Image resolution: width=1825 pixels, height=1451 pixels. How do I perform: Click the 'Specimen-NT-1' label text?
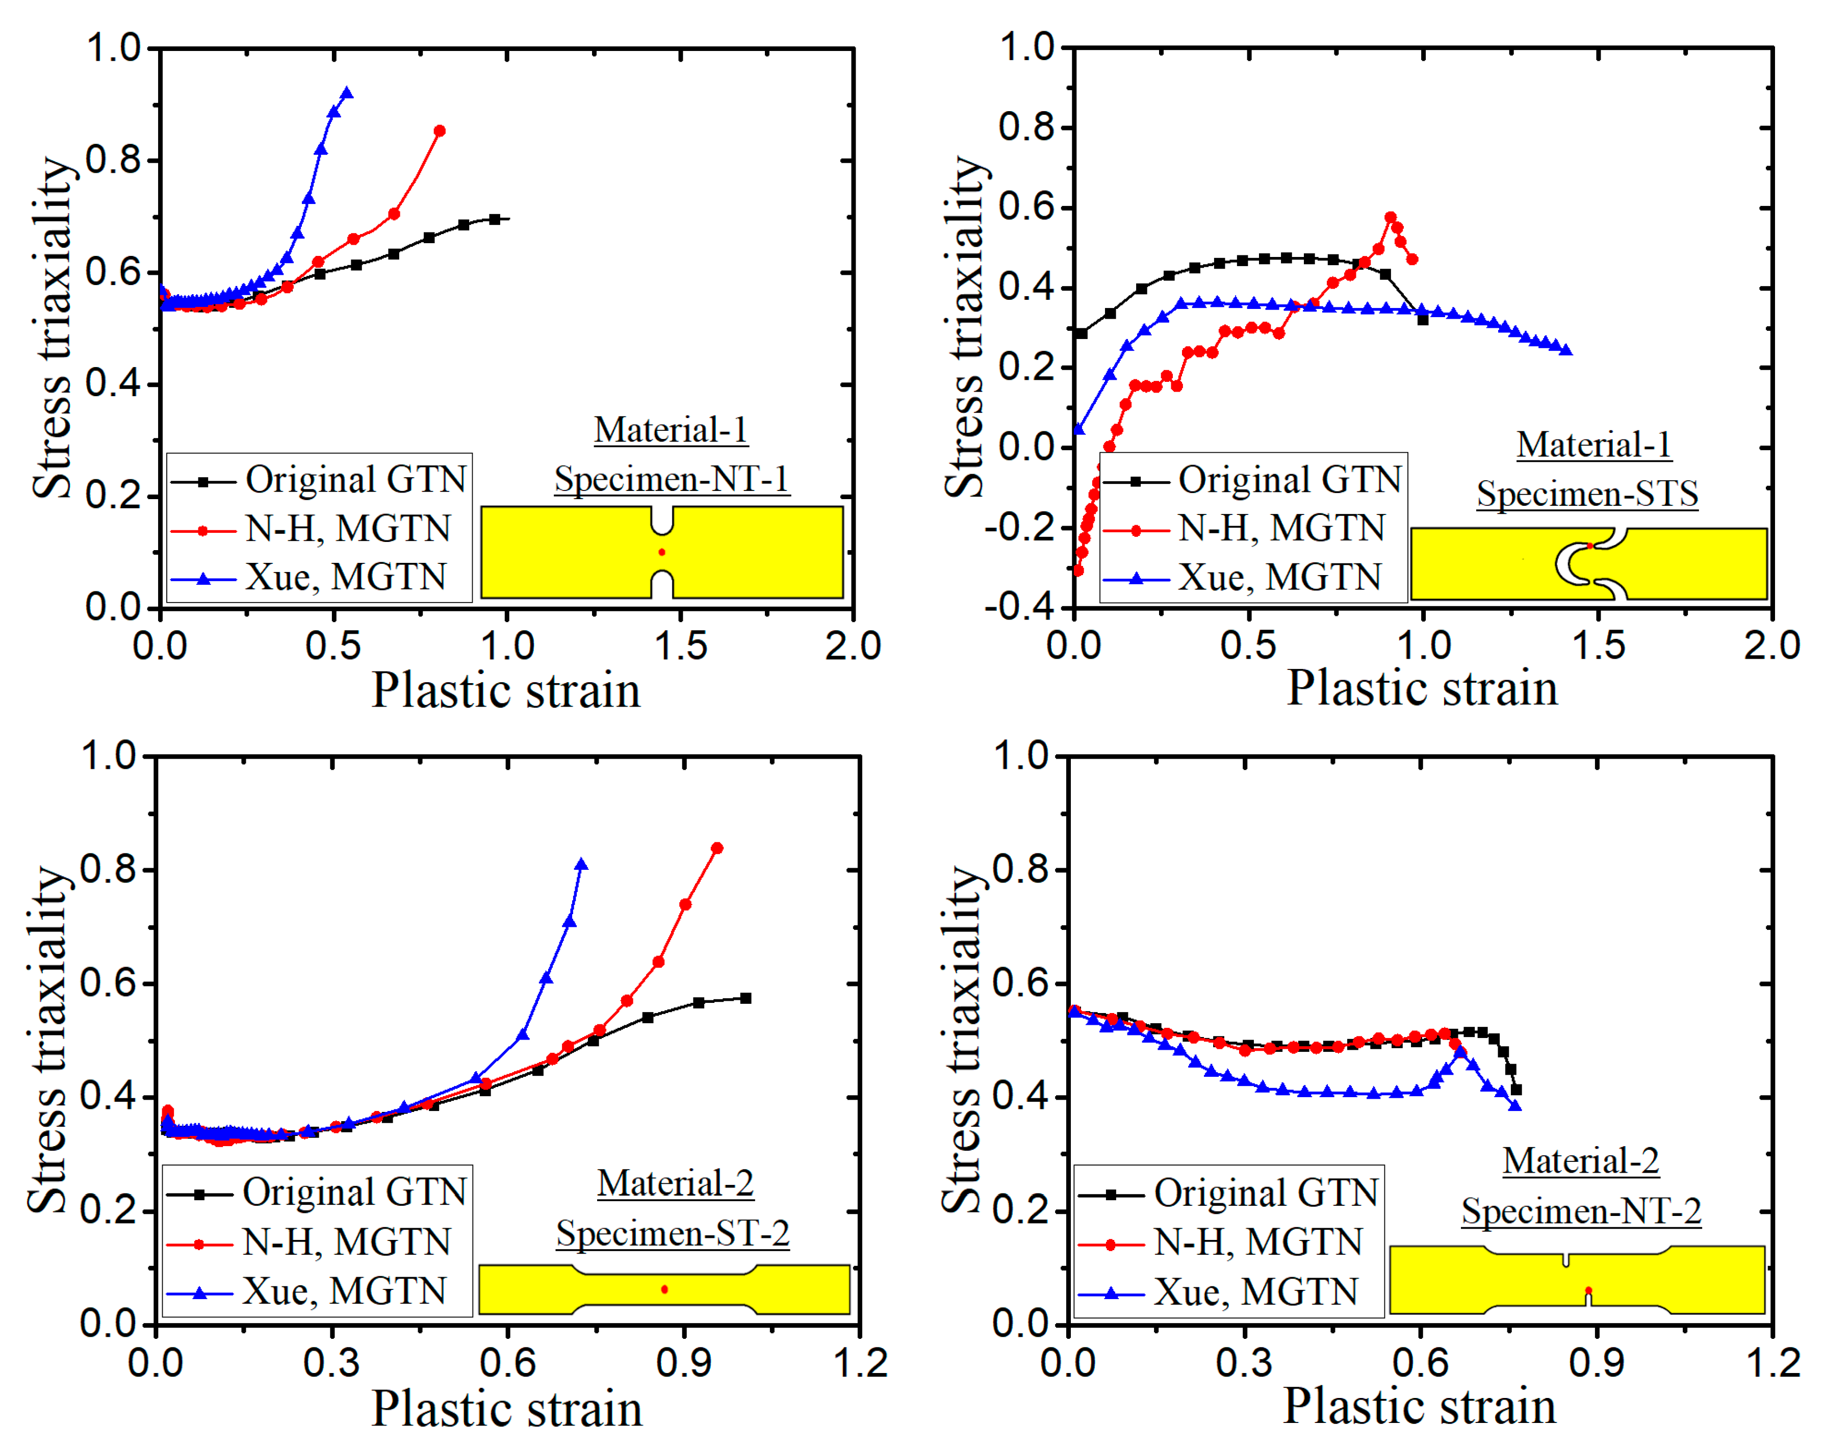(671, 479)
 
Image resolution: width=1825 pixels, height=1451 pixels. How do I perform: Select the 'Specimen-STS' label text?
(1587, 494)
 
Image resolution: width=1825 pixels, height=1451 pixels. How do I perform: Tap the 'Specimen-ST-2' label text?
(673, 1233)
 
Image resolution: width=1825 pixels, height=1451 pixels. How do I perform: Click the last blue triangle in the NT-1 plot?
(346, 93)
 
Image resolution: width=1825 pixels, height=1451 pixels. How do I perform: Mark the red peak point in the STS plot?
(1391, 218)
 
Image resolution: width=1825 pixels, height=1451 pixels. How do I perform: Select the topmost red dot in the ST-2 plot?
(717, 848)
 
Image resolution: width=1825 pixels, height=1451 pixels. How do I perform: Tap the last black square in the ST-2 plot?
(746, 998)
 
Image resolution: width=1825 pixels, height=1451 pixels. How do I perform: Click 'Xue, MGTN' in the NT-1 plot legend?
(345, 577)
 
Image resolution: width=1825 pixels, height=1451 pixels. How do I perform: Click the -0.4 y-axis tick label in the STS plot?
(1019, 606)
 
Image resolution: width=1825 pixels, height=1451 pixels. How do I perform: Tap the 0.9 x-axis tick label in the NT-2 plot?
(1597, 1364)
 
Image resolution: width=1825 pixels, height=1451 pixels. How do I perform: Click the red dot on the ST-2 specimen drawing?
(664, 1289)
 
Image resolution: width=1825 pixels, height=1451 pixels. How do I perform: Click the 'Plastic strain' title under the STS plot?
(1422, 687)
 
